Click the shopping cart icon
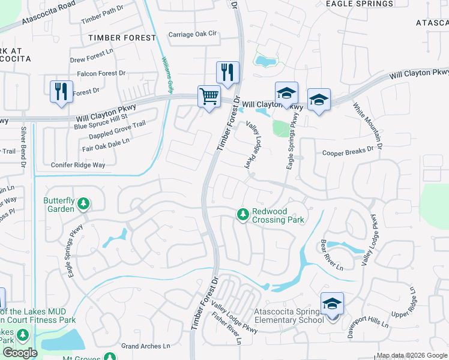[x=209, y=96]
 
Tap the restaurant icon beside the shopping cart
[x=227, y=73]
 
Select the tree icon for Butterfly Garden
[x=83, y=205]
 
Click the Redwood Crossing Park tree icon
[x=243, y=214]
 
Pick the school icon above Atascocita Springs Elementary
[x=332, y=304]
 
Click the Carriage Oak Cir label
[x=192, y=34]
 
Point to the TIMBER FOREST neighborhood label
[x=122, y=37]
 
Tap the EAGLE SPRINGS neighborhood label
[x=359, y=4]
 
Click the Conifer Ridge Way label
[x=78, y=164]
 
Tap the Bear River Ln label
[x=331, y=254]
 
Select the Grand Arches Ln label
[x=146, y=346]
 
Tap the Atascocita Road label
[x=49, y=13]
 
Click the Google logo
[x=20, y=353]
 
